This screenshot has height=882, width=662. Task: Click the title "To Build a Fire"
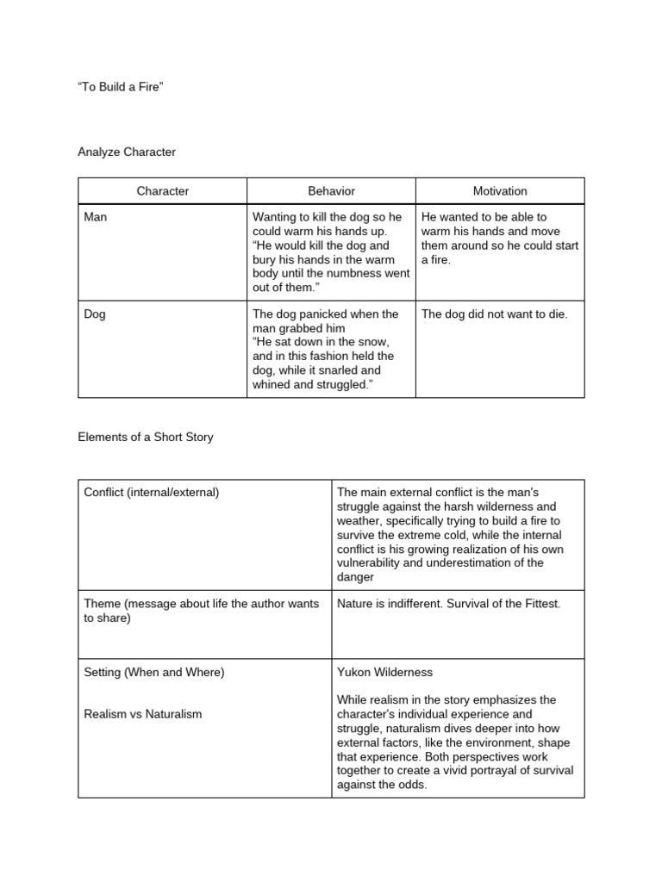(x=120, y=90)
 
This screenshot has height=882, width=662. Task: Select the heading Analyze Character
(x=127, y=152)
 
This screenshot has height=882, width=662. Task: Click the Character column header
(x=162, y=191)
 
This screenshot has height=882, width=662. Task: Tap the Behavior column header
(x=331, y=191)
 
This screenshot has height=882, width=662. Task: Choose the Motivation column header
(x=500, y=191)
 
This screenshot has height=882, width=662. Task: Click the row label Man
(x=96, y=217)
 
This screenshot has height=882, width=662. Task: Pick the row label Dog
(x=95, y=314)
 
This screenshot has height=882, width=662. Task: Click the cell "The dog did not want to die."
(x=495, y=314)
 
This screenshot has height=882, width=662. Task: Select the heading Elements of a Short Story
(x=146, y=437)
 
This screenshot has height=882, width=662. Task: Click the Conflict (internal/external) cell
(x=152, y=493)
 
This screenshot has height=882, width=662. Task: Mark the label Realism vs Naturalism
(x=143, y=714)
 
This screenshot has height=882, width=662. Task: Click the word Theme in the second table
(x=102, y=604)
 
